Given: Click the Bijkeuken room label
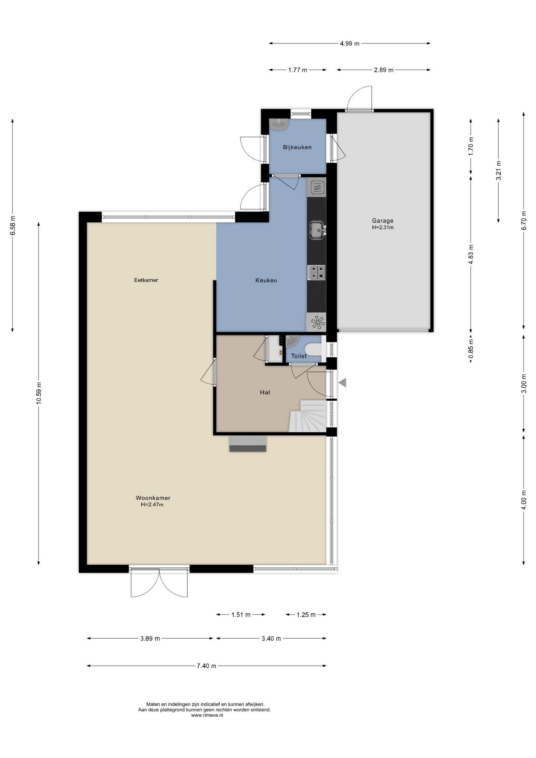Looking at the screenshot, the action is tap(297, 147).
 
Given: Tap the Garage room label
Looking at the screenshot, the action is tap(382, 221).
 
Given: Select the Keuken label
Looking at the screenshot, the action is tap(266, 280).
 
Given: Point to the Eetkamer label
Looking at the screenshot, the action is tap(146, 280).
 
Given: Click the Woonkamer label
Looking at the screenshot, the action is tap(153, 498).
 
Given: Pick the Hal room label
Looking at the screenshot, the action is tap(265, 392).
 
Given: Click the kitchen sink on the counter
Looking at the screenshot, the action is tap(317, 230).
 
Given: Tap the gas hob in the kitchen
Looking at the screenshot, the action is tap(317, 272).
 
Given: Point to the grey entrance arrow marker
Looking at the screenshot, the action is tap(342, 382).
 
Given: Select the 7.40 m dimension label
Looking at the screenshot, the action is tap(206, 666).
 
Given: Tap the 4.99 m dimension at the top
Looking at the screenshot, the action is tap(350, 43).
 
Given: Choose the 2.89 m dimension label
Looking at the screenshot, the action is tap(384, 70).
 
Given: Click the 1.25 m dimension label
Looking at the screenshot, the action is tap(306, 615).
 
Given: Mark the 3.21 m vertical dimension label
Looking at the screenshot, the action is tap(499, 171).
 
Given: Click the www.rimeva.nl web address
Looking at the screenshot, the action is tap(207, 715).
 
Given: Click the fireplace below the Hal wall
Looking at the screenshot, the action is tap(247, 444).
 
